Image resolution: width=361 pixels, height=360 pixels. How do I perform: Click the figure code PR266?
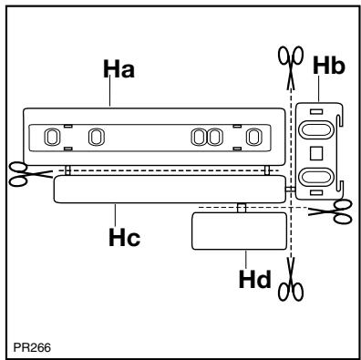(x=31, y=345)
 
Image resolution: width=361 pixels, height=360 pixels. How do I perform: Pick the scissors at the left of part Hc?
(x=21, y=172)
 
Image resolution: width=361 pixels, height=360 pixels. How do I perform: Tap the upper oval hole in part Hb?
(x=317, y=123)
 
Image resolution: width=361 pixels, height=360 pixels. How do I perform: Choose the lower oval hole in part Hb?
(x=317, y=176)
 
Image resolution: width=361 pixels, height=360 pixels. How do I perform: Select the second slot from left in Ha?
(x=93, y=137)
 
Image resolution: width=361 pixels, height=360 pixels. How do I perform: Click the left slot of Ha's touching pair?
(x=201, y=137)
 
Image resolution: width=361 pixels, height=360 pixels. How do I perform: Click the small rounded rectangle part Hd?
(x=235, y=230)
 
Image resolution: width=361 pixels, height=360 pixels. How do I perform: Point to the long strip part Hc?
(x=169, y=189)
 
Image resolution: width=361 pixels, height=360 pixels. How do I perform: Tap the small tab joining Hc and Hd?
(x=241, y=207)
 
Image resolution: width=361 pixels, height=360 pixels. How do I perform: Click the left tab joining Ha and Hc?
(x=67, y=170)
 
